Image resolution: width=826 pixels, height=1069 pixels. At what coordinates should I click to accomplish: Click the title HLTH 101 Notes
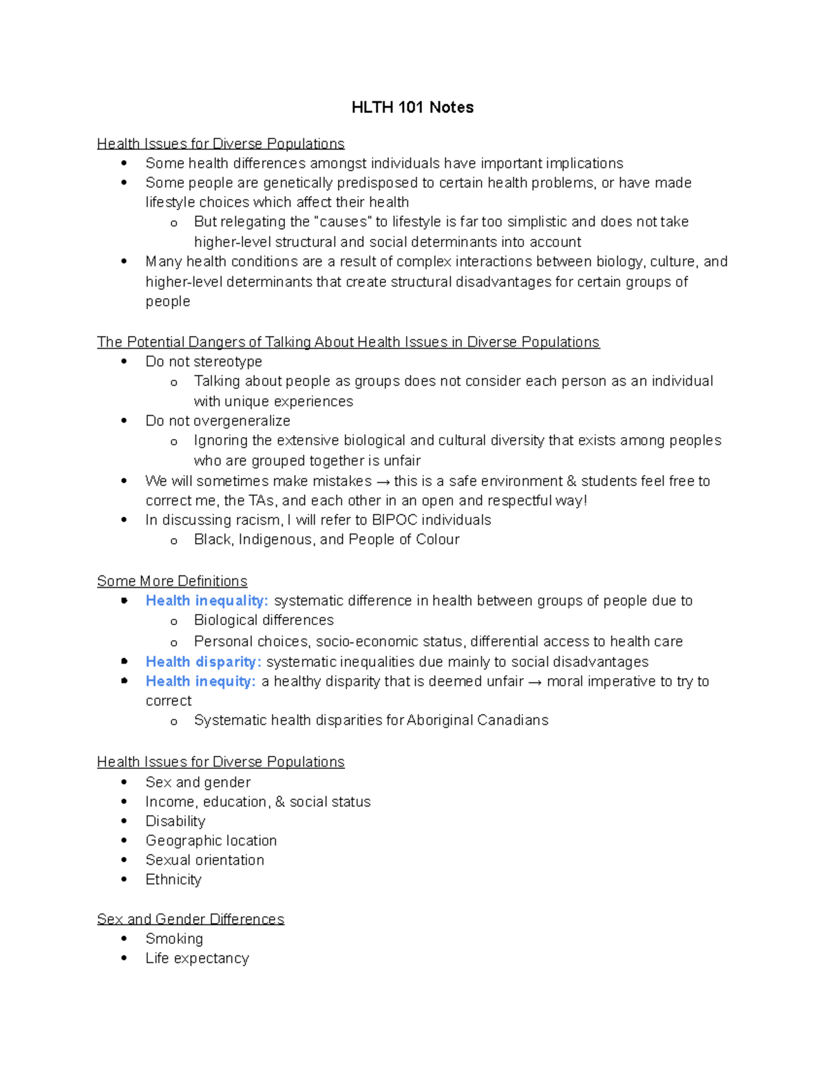[412, 107]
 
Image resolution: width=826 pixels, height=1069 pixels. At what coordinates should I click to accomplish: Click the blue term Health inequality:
[206, 601]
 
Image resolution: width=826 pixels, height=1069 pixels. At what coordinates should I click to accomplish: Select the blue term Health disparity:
[203, 661]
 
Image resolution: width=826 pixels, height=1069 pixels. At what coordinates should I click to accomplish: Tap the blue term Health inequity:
[200, 681]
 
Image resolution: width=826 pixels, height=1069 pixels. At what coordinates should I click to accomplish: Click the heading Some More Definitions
[172, 581]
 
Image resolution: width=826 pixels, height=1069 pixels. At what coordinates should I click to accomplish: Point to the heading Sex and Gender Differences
[191, 919]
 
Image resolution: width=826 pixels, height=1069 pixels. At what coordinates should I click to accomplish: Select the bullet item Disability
[176, 821]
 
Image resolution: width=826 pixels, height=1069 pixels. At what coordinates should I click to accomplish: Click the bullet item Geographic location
[211, 840]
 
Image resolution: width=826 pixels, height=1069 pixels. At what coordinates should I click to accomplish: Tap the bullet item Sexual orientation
[204, 860]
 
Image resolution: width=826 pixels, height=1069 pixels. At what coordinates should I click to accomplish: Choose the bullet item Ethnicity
[173, 880]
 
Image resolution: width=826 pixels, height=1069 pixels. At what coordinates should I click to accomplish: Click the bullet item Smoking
[174, 939]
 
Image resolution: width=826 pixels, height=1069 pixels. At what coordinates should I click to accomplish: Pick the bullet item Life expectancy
[197, 958]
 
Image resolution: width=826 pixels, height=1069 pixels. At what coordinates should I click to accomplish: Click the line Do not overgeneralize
[218, 421]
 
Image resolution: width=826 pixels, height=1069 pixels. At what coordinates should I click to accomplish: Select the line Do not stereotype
[204, 361]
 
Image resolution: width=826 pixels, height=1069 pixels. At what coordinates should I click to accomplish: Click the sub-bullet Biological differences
[264, 620]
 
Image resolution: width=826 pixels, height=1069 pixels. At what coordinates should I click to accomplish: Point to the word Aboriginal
[440, 721]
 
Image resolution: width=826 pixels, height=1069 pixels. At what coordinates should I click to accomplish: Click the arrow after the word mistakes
[383, 481]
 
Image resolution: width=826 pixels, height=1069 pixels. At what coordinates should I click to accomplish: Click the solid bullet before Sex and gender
[124, 782]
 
